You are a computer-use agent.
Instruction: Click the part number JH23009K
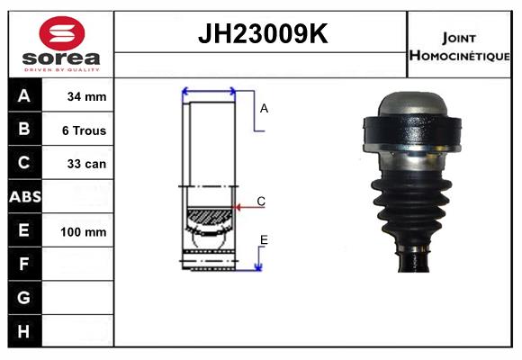tap(262, 34)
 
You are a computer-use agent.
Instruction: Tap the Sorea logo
tap(61, 44)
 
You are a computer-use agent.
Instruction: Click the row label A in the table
tap(24, 96)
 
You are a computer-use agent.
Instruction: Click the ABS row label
tap(24, 197)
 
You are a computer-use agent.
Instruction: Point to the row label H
tap(24, 331)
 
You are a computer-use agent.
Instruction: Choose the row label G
tap(24, 297)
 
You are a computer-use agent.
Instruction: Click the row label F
tap(24, 264)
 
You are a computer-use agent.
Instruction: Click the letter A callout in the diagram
tap(265, 108)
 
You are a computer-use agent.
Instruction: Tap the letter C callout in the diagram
tap(261, 201)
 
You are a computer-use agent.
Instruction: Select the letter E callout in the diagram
tap(264, 238)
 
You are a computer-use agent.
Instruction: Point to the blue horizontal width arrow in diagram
tap(209, 90)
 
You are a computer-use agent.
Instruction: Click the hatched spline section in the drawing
tap(209, 217)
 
